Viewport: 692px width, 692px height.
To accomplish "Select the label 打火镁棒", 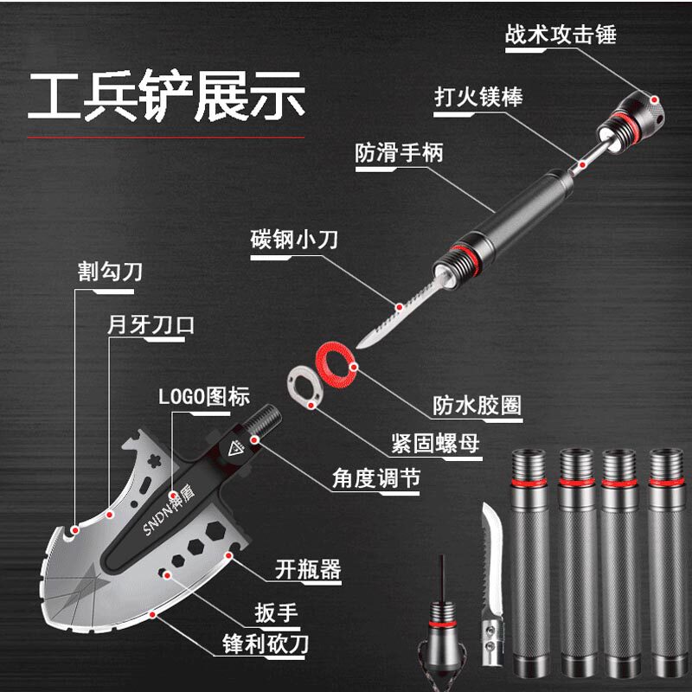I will click(478, 95).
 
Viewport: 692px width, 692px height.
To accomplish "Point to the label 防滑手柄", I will click(400, 153).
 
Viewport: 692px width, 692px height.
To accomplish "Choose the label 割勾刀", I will click(110, 272).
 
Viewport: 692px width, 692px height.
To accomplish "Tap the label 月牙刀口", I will click(151, 326).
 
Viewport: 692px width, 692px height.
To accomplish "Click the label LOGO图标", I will click(204, 397).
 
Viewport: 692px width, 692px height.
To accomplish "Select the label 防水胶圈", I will click(477, 405).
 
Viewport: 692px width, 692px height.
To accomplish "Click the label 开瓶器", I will click(308, 569).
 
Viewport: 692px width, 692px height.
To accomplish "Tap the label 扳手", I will click(277, 613).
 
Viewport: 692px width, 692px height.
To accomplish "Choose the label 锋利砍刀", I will click(264, 644).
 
